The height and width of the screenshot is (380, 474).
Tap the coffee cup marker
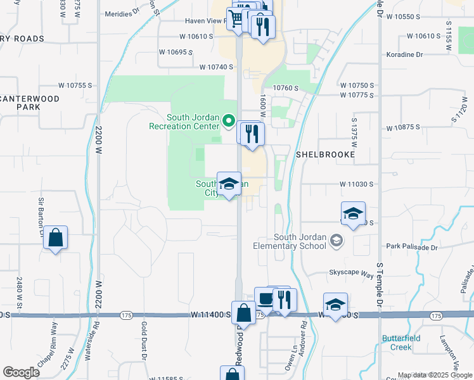tap(265, 298)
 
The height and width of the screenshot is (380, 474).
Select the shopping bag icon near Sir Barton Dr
tap(56, 238)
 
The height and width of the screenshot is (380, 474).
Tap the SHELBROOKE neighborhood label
tap(325, 155)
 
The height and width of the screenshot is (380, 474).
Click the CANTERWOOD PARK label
tap(30, 103)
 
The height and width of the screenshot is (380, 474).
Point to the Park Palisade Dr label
tap(413, 245)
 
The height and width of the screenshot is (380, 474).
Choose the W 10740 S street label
tap(217, 66)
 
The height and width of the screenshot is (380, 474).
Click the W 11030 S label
tap(352, 184)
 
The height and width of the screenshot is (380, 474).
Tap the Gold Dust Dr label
tap(144, 348)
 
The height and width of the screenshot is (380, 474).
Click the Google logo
tap(22, 372)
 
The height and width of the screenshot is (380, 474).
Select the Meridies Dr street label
tap(121, 14)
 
